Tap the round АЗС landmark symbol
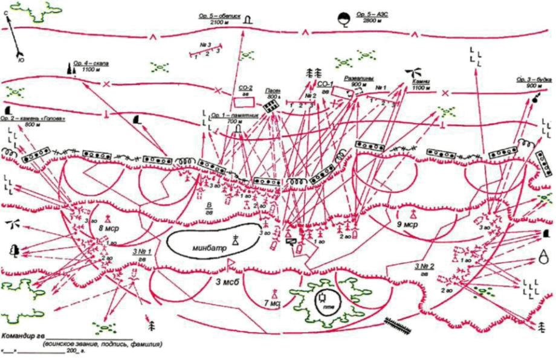[x=343, y=18]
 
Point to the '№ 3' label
[x=205, y=45]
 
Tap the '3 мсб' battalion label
[x=220, y=282]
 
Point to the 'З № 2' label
[x=426, y=266]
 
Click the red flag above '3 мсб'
[x=231, y=264]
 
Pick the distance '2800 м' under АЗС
[x=370, y=21]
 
